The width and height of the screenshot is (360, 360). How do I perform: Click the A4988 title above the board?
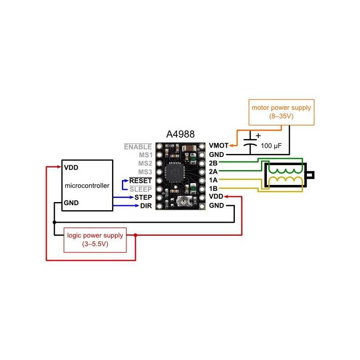click(181, 135)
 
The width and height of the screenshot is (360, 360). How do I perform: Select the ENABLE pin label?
click(138, 146)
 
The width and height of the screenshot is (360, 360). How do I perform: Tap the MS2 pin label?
click(145, 163)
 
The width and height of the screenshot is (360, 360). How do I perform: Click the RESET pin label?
click(140, 180)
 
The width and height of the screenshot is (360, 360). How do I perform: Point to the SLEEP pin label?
click(141, 189)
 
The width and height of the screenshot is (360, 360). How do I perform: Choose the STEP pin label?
click(143, 198)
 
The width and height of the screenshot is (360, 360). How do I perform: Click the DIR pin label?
click(145, 206)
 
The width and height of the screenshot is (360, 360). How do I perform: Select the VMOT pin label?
click(218, 146)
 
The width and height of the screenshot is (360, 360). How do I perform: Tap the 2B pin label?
click(214, 163)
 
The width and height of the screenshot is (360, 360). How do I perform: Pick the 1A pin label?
click(214, 180)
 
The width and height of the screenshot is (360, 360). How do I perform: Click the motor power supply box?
click(281, 112)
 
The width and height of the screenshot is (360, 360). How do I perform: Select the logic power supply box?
click(94, 239)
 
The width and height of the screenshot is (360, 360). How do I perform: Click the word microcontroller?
click(87, 185)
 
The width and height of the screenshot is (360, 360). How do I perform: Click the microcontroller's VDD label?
click(71, 167)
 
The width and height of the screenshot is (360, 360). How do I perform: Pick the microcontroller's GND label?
click(71, 202)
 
